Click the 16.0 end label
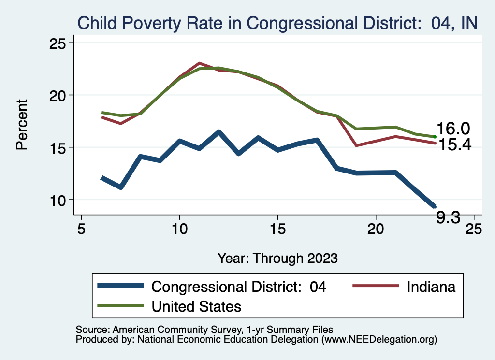[453, 129]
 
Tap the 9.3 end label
[448, 218]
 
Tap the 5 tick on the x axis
[81, 229]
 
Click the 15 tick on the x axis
[277, 229]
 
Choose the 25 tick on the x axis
[474, 229]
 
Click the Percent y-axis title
[22, 124]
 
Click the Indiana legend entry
[431, 287]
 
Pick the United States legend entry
[196, 306]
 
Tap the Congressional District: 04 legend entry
[239, 287]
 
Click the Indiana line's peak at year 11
[199, 63]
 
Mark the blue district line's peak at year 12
[218, 132]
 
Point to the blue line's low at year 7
[120, 187]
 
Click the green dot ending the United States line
[435, 137]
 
